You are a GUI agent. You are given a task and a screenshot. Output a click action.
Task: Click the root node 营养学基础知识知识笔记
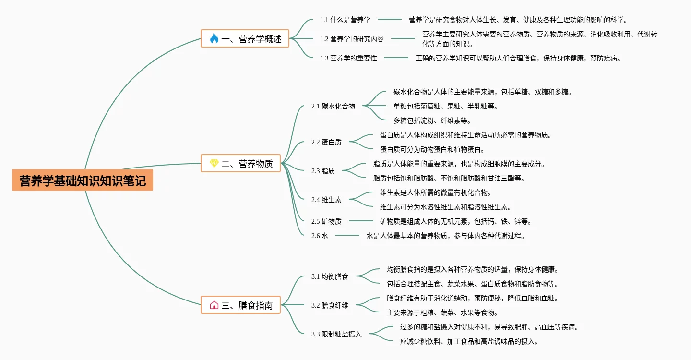tap(83, 180)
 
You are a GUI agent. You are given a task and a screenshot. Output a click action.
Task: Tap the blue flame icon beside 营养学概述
tap(214, 38)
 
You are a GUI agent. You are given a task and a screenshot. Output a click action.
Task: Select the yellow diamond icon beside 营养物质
tap(214, 163)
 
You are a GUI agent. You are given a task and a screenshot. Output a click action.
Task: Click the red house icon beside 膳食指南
tap(214, 305)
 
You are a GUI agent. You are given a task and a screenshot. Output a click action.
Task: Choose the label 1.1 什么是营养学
tap(345, 20)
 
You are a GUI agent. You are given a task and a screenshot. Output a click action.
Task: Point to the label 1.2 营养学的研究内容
tap(352, 39)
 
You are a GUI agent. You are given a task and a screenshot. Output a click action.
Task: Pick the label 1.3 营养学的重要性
tap(348, 58)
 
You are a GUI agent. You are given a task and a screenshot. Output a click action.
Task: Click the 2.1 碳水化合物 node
tap(333, 106)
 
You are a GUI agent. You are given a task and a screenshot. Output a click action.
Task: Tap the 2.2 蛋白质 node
tap(326, 142)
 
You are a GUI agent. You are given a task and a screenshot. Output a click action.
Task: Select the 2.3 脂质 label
tap(323, 171)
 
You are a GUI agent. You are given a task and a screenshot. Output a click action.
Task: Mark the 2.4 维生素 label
tap(326, 200)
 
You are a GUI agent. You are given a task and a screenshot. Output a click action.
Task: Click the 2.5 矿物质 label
tap(326, 221)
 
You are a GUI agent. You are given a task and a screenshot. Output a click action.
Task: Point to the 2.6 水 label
tap(320, 236)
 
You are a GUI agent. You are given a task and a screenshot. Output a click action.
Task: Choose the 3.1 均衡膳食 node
tap(330, 276)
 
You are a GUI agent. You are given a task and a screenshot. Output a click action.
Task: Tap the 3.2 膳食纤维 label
tap(330, 305)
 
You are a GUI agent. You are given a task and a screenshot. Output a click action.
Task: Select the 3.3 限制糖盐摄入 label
tap(336, 334)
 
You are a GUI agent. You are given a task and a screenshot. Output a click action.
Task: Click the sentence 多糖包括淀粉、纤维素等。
tap(432, 120)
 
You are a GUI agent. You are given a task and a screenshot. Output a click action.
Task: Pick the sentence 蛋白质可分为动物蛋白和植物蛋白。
tap(432, 149)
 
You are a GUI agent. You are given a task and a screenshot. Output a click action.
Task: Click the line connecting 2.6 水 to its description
tap(347, 235)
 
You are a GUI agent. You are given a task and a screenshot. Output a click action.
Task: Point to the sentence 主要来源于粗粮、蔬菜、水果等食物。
tap(442, 312)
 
